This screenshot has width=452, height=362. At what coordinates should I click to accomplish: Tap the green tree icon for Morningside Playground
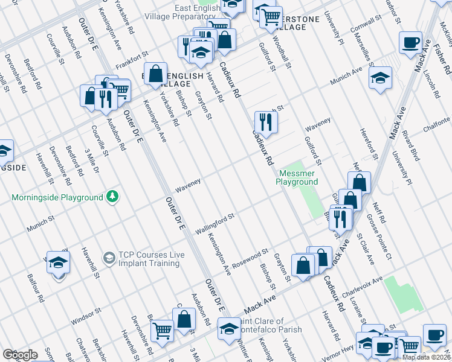(x=112, y=197)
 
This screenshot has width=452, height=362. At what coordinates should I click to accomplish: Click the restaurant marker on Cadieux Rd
(x=265, y=122)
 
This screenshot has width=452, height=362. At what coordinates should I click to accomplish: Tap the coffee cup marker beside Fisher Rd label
(x=411, y=42)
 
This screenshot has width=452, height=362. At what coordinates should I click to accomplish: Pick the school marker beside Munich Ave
(x=380, y=78)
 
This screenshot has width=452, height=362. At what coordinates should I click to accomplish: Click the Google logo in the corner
(x=20, y=355)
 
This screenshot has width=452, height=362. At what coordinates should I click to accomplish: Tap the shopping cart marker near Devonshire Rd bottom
(x=162, y=331)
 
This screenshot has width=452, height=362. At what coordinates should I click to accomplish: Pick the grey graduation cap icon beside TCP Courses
(x=108, y=258)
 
